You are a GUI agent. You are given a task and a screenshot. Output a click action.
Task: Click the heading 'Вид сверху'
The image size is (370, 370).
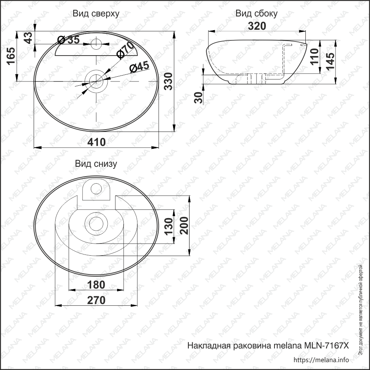point(96,14)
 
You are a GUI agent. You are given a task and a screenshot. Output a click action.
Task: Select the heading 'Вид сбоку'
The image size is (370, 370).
point(256,14)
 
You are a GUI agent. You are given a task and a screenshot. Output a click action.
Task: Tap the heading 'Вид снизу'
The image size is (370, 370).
point(96,164)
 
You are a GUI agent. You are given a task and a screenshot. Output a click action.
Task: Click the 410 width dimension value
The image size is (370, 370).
point(97,142)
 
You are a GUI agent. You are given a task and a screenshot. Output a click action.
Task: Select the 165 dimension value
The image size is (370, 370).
point(11,56)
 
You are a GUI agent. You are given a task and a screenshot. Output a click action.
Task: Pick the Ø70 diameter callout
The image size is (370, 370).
point(126,51)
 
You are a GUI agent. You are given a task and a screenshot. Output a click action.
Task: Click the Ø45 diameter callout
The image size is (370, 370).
point(139,67)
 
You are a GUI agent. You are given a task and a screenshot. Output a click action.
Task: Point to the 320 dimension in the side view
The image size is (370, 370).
point(257,26)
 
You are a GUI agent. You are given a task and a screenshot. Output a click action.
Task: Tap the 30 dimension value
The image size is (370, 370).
point(199,98)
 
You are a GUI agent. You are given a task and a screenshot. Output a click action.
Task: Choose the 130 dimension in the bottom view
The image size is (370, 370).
point(169,226)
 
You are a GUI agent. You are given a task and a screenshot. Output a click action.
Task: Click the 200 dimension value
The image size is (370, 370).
point(184,225)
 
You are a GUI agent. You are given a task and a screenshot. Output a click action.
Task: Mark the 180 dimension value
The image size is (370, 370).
point(96,285)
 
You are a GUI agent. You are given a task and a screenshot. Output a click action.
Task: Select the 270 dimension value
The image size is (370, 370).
point(96,300)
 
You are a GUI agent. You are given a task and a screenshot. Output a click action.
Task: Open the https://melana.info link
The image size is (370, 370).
point(321,359)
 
